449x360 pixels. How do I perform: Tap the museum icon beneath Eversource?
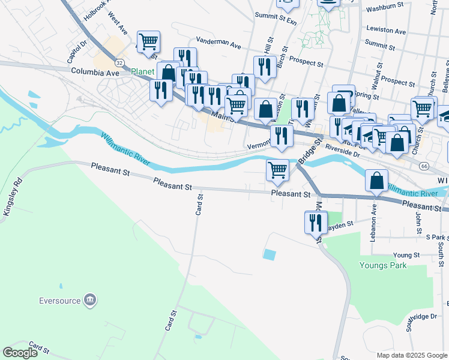coord(90,299)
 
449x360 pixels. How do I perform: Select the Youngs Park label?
coord(382,265)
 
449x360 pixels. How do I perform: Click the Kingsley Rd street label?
coord(13,197)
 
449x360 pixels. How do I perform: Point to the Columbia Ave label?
coord(95,72)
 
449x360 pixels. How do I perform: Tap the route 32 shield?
coord(120,62)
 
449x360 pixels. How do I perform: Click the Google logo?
coord(20,352)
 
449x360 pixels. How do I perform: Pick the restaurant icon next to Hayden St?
coord(316,222)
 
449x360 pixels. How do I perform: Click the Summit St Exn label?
coord(276,15)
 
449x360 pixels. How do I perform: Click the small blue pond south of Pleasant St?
coord(270,254)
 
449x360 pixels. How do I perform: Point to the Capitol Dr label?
coord(77,52)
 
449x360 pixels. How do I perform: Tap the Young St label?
coord(406,255)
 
